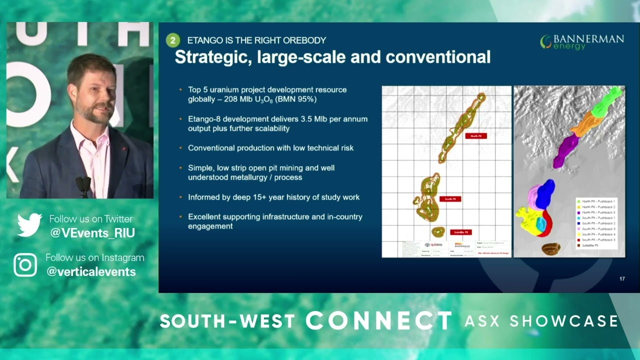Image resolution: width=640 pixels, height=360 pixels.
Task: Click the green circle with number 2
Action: [x=172, y=40]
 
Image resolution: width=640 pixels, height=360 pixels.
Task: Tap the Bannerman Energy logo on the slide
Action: [x=582, y=42]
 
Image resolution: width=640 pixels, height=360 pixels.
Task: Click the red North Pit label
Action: [x=476, y=135]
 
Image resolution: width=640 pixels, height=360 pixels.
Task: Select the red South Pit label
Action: [x=450, y=199]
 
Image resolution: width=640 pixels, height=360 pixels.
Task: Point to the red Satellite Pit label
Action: [x=458, y=232]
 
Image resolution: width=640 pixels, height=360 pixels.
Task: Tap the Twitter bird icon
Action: [x=29, y=225]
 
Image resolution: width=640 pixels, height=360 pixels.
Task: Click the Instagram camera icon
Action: [x=25, y=264]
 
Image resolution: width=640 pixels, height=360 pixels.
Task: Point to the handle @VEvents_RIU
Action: [x=92, y=233]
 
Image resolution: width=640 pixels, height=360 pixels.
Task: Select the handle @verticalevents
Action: [x=91, y=271]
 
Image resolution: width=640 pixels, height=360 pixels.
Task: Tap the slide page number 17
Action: [x=622, y=279]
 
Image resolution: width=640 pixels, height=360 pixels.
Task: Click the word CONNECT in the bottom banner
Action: [x=378, y=320]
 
